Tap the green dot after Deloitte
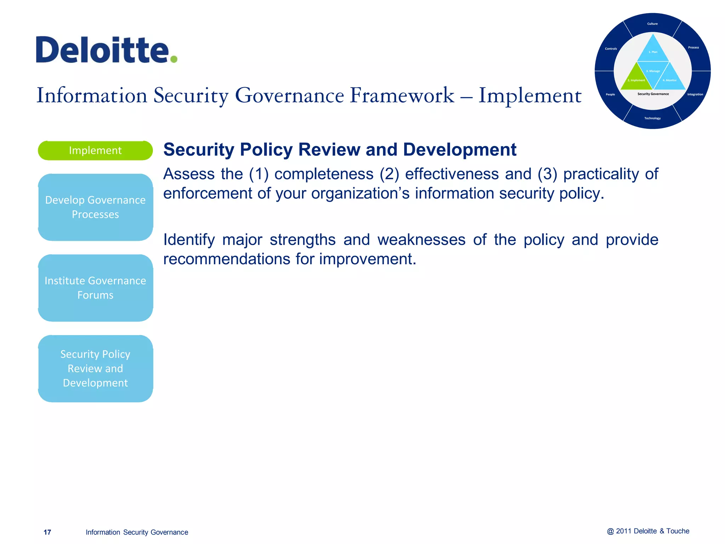(x=173, y=59)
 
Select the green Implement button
(x=95, y=151)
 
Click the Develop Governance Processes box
(x=95, y=207)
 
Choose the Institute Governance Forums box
(x=95, y=288)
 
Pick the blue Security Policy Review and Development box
(x=95, y=368)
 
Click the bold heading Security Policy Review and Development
(x=339, y=149)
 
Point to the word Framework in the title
(x=402, y=96)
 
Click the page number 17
(x=47, y=532)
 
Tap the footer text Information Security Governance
(x=137, y=532)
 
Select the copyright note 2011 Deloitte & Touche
(x=648, y=531)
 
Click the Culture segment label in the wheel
(x=652, y=24)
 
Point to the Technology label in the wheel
(x=652, y=118)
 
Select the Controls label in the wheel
(x=611, y=49)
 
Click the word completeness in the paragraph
(x=324, y=174)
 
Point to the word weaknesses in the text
(x=421, y=240)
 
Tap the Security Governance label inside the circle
(x=653, y=94)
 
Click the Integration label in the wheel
(x=695, y=95)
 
